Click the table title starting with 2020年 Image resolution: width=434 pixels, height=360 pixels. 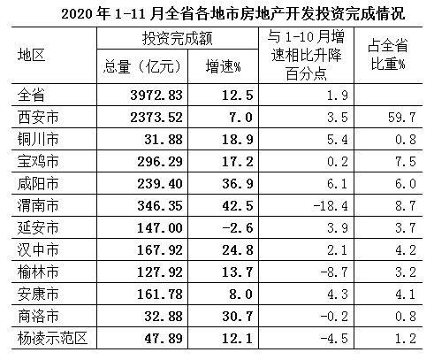233,13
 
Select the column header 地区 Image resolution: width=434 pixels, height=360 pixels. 31,55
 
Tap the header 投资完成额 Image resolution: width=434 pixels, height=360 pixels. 178,38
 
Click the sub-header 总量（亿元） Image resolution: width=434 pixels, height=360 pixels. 142,66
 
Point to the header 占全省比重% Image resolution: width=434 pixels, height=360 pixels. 388,55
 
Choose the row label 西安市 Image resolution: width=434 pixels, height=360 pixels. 38,117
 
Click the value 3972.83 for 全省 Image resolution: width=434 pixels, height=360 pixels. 156,96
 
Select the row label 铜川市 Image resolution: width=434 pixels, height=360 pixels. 38,139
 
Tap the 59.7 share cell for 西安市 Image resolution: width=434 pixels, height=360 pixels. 401,118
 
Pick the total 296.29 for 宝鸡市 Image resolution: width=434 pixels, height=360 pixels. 160,162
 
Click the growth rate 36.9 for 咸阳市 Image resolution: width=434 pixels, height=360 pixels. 238,184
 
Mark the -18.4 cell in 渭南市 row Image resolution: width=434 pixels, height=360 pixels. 331,206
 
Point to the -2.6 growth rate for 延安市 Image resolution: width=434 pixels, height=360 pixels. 238,228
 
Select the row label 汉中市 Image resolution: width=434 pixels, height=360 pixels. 38,249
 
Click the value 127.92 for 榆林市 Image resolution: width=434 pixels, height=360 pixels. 160,272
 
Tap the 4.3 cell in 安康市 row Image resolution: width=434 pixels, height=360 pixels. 338,295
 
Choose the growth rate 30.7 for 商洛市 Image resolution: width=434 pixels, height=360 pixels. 238,317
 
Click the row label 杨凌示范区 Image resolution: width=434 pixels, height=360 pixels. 52,338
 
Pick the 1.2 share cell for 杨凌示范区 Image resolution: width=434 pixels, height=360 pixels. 406,339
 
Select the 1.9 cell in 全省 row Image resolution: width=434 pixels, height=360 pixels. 338,96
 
